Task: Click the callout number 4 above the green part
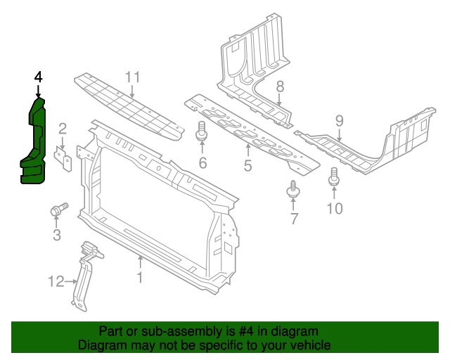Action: coord(38,77)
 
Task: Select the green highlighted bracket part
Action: coord(34,144)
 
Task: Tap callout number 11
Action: coord(133,77)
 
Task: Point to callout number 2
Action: coord(63,128)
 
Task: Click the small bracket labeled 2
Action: coord(63,157)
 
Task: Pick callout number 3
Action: coord(57,235)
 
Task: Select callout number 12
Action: coord(56,282)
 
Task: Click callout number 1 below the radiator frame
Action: coord(139,278)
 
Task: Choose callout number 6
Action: coord(202,164)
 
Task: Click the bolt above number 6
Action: coord(202,131)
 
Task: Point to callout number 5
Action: coord(247,166)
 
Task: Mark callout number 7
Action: coord(294,220)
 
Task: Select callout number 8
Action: coord(279,86)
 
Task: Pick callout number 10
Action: coord(334,208)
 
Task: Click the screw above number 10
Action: coord(334,177)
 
